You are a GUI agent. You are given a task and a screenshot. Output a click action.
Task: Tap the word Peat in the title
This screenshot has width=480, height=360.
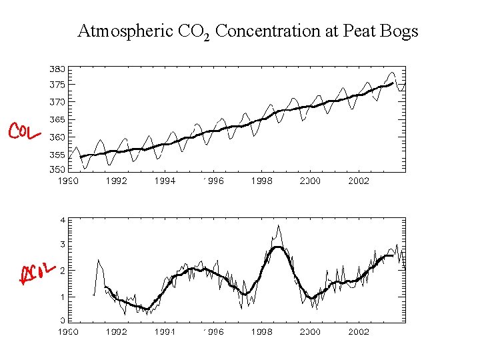(359, 31)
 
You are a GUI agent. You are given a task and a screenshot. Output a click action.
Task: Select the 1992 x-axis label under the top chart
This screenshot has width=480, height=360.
(117, 181)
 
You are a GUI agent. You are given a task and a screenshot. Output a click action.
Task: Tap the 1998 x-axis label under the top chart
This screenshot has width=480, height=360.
(262, 181)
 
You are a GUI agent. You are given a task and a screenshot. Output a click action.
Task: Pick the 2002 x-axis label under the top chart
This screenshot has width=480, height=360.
(359, 181)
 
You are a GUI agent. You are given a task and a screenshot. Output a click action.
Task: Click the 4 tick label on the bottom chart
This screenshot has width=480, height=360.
(62, 220)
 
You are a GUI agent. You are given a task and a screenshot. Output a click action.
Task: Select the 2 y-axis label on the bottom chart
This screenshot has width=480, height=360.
(62, 271)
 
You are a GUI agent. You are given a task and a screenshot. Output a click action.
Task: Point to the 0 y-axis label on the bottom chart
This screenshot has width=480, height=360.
(62, 321)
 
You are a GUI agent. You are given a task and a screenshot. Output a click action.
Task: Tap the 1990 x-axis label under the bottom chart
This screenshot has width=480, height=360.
(68, 331)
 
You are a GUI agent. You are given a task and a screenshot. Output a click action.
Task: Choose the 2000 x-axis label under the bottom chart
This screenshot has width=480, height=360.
(310, 331)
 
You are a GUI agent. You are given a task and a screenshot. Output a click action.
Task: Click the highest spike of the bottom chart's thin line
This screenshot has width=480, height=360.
(278, 225)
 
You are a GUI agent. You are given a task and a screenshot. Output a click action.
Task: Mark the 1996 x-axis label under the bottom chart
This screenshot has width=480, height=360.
(213, 331)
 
